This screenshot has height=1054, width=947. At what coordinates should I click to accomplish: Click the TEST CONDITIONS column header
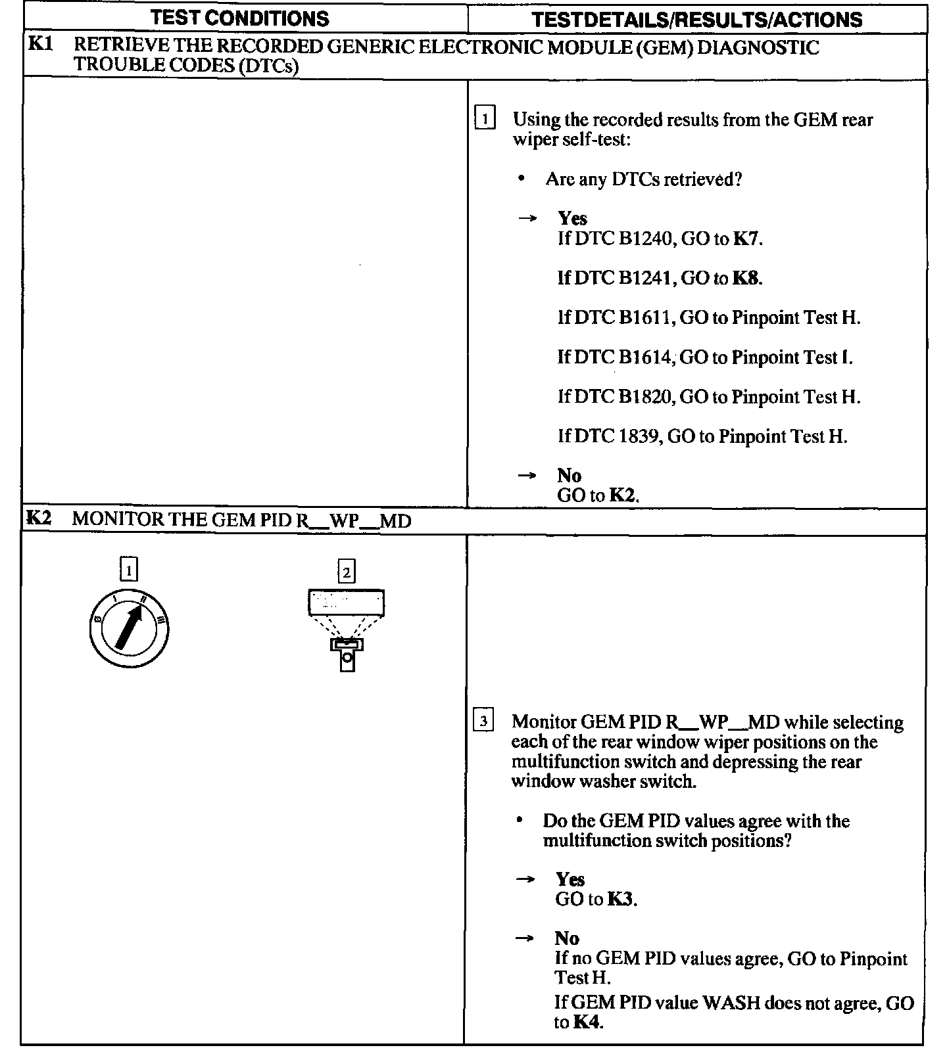point(240,18)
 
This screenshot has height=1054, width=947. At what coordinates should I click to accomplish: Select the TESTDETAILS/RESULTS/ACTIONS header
point(697,19)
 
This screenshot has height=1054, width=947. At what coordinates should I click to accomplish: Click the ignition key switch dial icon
point(129,628)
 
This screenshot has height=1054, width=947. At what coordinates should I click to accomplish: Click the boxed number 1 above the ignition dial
point(129,569)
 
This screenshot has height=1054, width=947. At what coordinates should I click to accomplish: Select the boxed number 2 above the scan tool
point(346,571)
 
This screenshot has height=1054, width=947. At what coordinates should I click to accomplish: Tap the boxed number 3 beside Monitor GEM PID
point(483,721)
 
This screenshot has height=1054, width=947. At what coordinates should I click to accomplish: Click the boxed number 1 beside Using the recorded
point(485,119)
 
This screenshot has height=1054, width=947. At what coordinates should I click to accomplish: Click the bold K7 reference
point(746,239)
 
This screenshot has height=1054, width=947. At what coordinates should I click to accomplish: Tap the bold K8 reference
point(746,278)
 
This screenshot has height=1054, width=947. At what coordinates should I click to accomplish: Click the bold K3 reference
point(621,899)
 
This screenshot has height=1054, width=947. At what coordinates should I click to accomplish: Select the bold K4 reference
point(587,1022)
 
